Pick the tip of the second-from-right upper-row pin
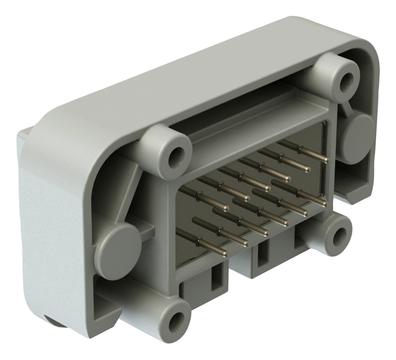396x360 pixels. (307, 169)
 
